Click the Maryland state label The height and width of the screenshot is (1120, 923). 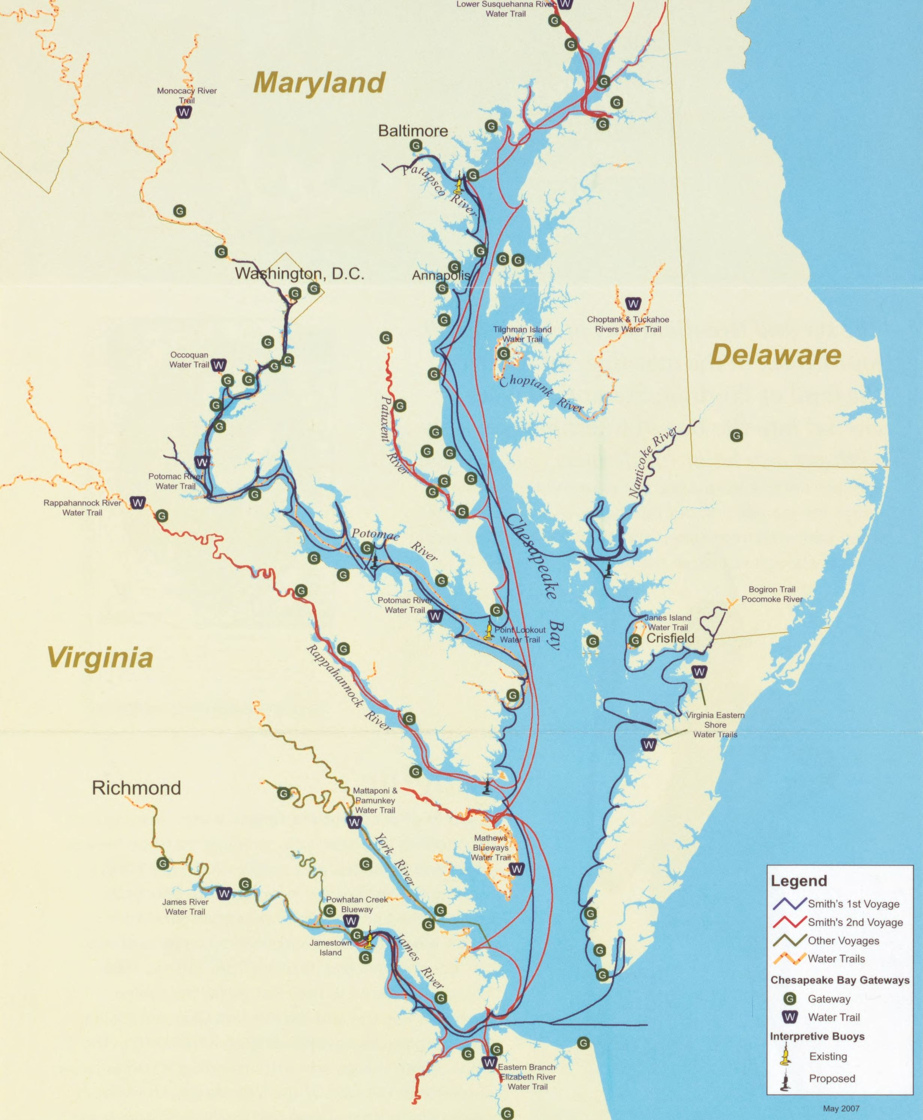tap(319, 83)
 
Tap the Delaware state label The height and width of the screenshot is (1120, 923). tap(775, 355)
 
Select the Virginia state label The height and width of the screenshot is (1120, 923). tap(100, 657)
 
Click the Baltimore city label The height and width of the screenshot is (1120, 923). tap(413, 131)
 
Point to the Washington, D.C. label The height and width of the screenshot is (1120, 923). tap(299, 273)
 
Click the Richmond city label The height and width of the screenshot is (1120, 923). tap(136, 788)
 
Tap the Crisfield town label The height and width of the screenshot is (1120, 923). tap(670, 638)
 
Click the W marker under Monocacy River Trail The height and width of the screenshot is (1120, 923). tap(184, 112)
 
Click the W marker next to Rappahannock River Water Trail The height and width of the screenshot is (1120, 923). tap(138, 503)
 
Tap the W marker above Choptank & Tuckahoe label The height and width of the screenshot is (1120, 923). tap(633, 304)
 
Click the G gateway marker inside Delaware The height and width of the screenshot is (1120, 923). tap(736, 435)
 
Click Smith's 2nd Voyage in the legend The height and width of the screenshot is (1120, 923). tap(855, 922)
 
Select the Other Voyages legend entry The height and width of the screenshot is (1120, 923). tap(843, 940)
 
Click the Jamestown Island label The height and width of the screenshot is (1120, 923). tap(330, 947)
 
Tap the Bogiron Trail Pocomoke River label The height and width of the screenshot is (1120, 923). tap(772, 594)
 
